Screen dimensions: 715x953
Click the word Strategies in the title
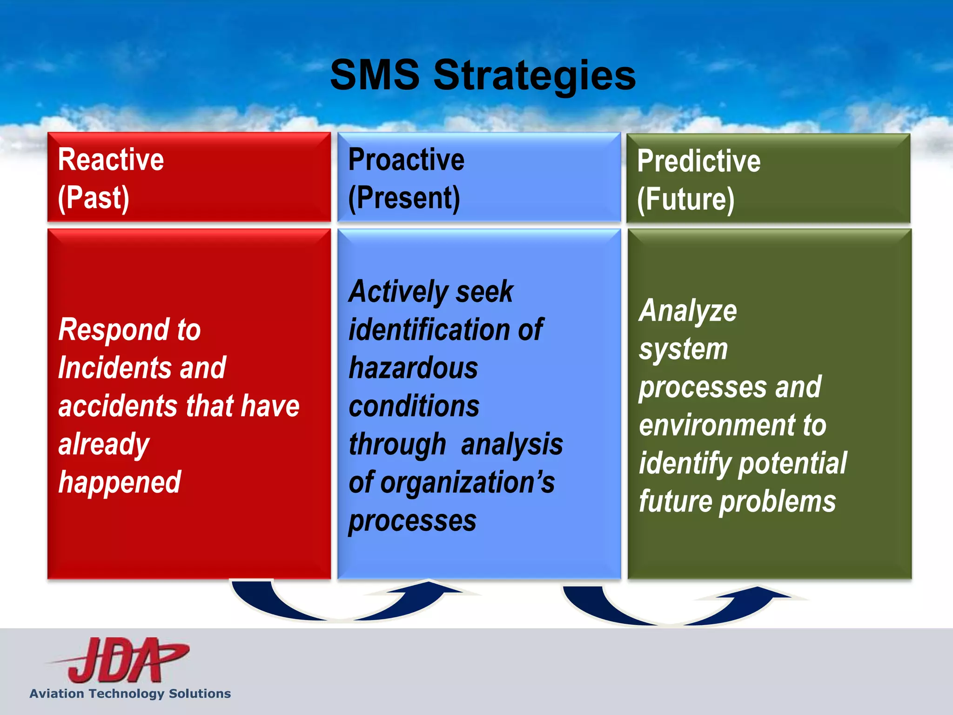pyautogui.click(x=534, y=75)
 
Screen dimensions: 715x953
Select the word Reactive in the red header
pyautogui.click(x=111, y=160)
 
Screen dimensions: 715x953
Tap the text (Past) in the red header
pyautogui.click(x=93, y=198)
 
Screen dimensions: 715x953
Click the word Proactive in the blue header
pyautogui.click(x=406, y=160)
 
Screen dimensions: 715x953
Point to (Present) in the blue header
pyautogui.click(x=404, y=198)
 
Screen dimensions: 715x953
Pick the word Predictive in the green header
pyautogui.click(x=698, y=161)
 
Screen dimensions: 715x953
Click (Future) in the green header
pyautogui.click(x=685, y=199)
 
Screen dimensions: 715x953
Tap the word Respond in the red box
pyautogui.click(x=114, y=330)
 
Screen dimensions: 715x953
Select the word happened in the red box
pyautogui.click(x=120, y=482)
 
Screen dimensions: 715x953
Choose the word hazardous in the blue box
pyautogui.click(x=413, y=368)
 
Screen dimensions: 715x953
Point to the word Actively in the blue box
pyautogui.click(x=398, y=292)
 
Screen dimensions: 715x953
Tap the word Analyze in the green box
pyautogui.click(x=688, y=311)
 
